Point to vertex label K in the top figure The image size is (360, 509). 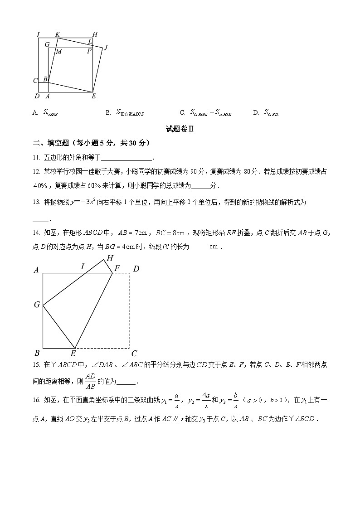tap(58, 34)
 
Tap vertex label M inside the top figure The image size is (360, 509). tap(58, 52)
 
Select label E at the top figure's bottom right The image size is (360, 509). tap(94, 96)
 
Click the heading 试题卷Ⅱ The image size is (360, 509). tap(180, 129)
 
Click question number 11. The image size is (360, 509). tap(36, 158)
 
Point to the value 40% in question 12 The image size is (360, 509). tap(40, 186)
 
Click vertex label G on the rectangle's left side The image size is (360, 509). tap(37, 305)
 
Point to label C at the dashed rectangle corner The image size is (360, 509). tap(134, 354)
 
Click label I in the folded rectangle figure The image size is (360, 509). tap(83, 266)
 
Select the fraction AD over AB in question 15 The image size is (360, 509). tap(91, 381)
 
